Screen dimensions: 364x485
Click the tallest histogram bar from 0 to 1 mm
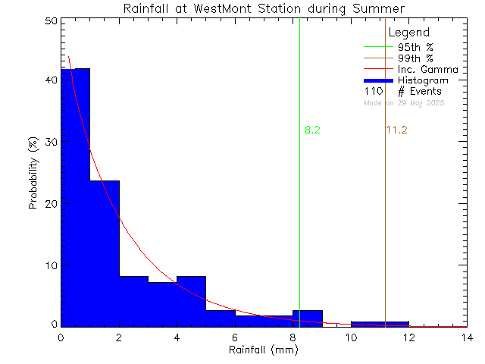coord(75,197)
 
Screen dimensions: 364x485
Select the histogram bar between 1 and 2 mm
coord(105,253)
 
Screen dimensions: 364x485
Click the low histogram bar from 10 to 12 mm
coord(380,324)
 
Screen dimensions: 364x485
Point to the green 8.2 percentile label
coord(312,130)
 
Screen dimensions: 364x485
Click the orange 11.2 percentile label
coord(396,130)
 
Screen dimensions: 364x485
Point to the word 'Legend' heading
coord(409,33)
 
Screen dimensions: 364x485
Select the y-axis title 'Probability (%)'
coord(33,174)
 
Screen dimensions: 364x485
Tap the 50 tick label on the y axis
coord(49,22)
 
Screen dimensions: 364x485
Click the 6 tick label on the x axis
coord(235,338)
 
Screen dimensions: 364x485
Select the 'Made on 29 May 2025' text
coord(404,102)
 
